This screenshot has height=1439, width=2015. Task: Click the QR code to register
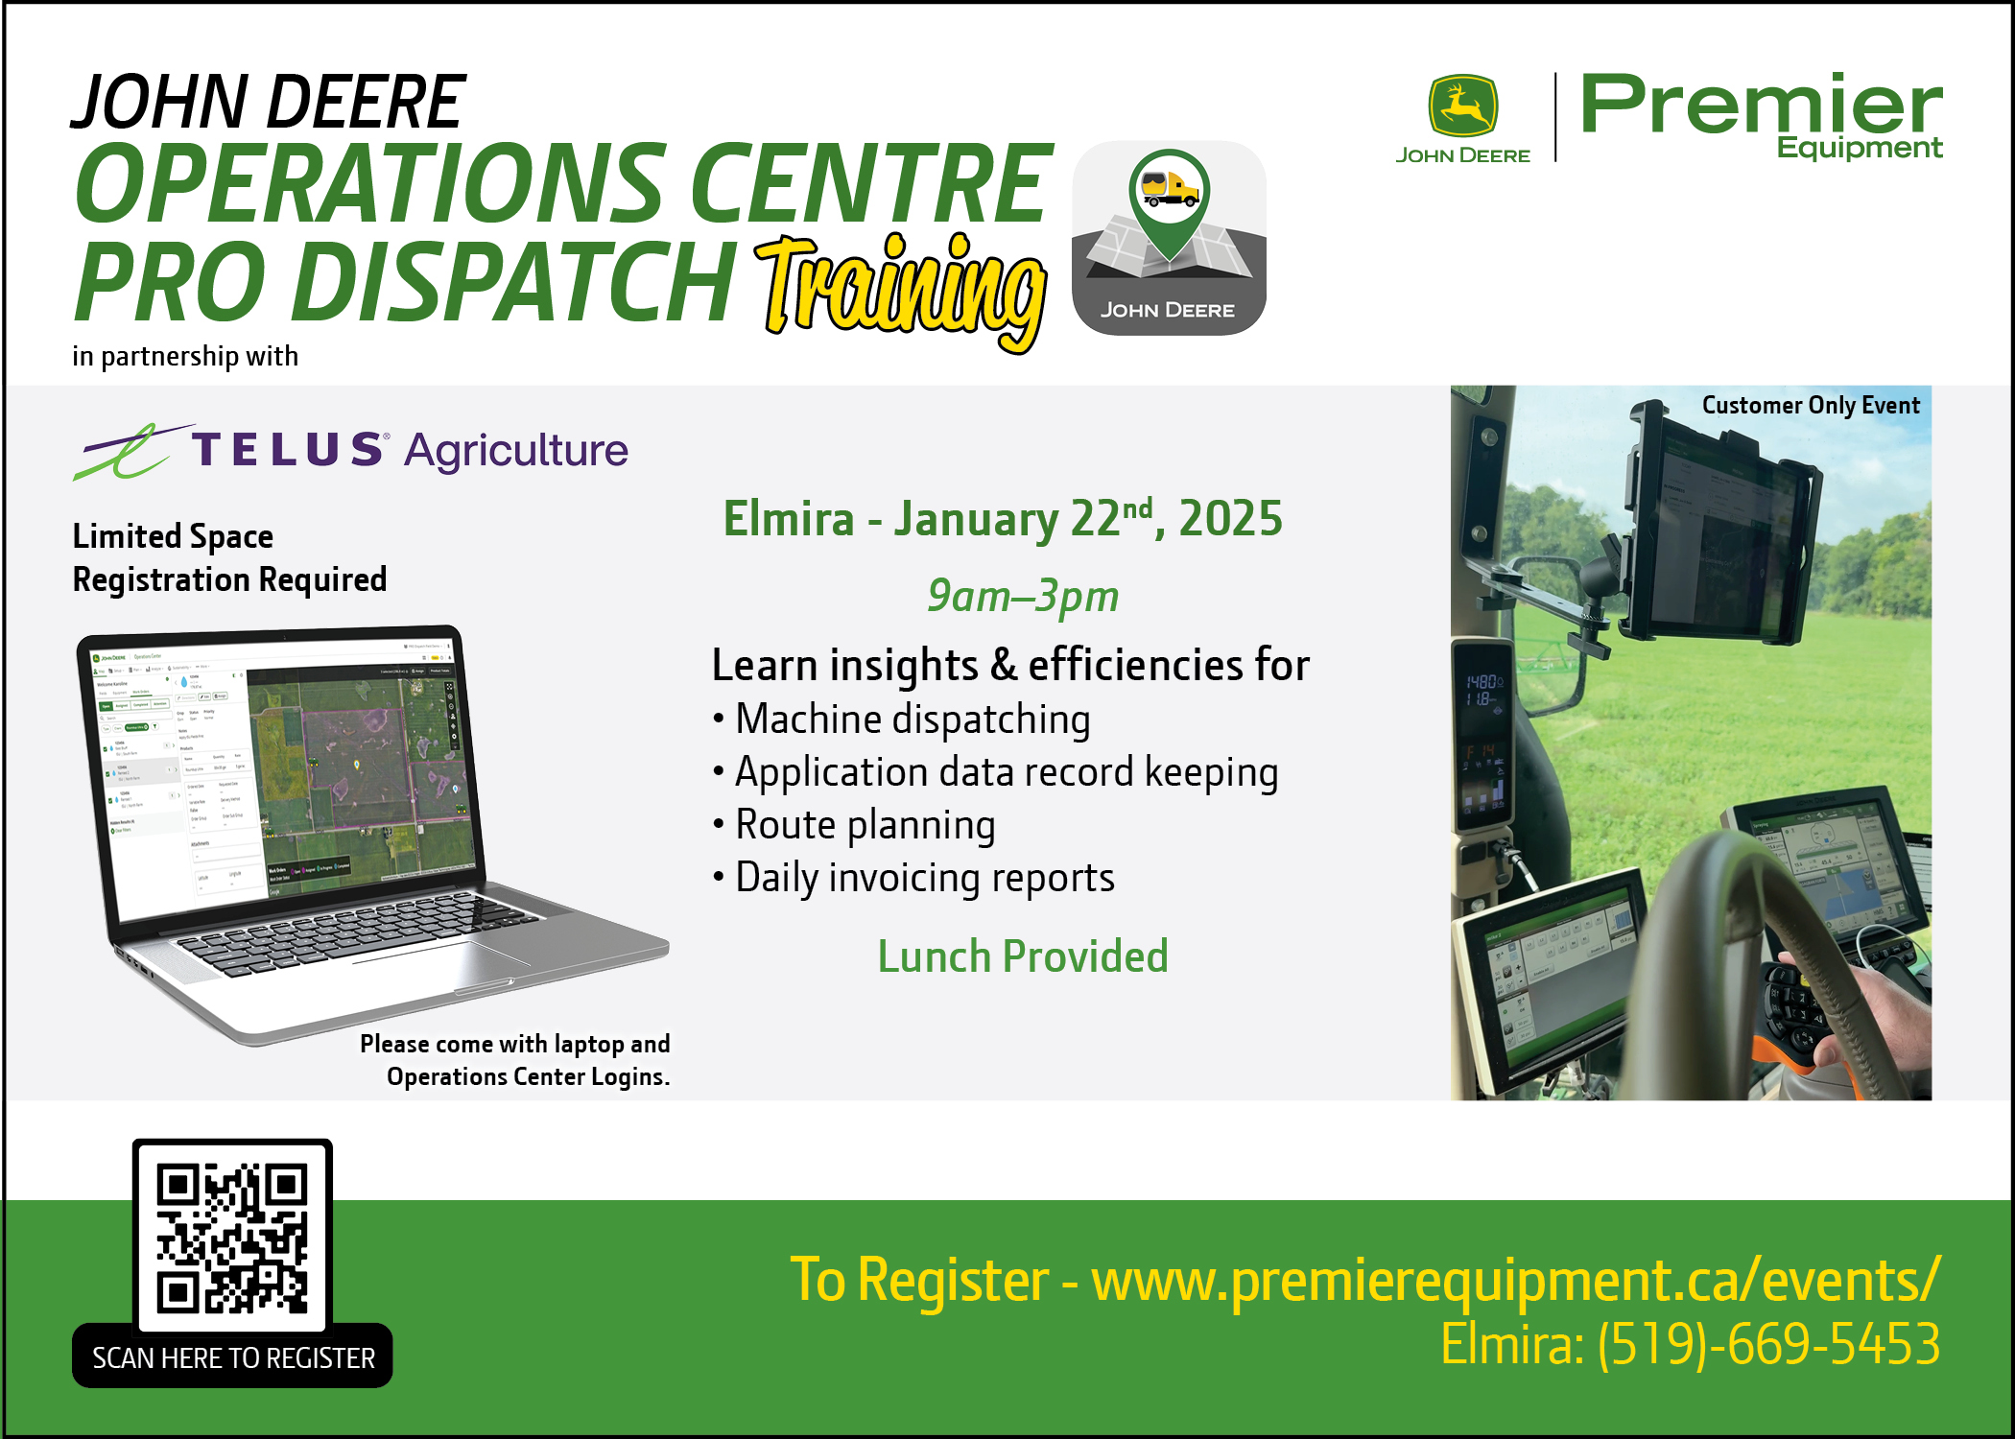[232, 1237]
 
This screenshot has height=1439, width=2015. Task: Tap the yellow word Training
[902, 288]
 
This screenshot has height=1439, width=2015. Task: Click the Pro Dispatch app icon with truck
[1169, 238]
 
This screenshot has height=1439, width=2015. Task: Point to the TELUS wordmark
[288, 449]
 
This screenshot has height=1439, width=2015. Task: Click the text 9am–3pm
[1023, 596]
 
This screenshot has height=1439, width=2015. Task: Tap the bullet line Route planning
[865, 825]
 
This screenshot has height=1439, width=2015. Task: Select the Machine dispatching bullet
[912, 719]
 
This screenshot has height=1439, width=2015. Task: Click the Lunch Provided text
[1023, 956]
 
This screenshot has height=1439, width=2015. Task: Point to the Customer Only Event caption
[1811, 405]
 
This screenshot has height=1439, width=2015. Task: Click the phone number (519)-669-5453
[1768, 1343]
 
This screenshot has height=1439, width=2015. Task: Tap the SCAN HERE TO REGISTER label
[233, 1358]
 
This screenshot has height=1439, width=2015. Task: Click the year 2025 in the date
[1230, 519]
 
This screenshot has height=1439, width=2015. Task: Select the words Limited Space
[173, 536]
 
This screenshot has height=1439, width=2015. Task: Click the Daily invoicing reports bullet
[924, 878]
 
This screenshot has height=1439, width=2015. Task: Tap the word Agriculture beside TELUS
[516, 450]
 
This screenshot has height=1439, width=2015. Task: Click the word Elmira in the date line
[788, 519]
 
